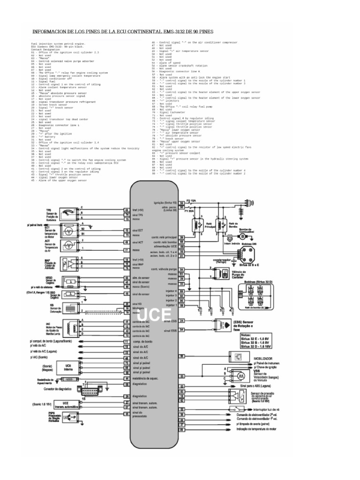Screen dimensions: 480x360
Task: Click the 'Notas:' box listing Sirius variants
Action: click(253, 341)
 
